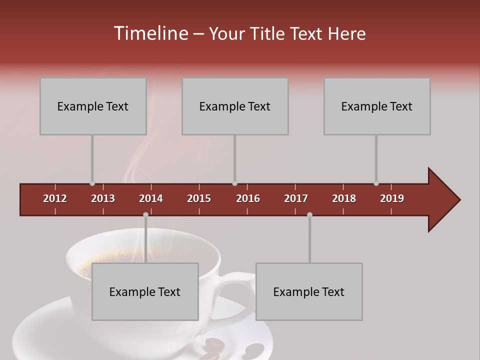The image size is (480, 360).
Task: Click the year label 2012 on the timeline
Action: click(55, 198)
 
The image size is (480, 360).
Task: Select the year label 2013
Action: click(103, 198)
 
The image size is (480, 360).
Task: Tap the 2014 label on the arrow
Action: click(151, 198)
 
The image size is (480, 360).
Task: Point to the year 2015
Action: click(199, 198)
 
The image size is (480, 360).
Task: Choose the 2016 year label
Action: click(248, 198)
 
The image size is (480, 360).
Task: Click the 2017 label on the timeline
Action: click(296, 198)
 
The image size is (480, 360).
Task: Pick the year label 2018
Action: click(344, 198)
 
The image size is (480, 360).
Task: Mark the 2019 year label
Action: click(392, 198)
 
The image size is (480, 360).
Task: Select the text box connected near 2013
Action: click(93, 106)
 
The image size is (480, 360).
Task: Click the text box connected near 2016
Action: click(235, 106)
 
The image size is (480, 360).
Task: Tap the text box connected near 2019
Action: click(377, 106)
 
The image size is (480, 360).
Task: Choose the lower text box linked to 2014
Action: click(145, 291)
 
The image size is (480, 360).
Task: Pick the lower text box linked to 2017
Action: click(309, 291)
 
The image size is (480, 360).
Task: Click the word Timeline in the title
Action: click(150, 33)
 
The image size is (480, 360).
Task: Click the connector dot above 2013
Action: click(92, 183)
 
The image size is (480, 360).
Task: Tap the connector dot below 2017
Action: click(309, 215)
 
